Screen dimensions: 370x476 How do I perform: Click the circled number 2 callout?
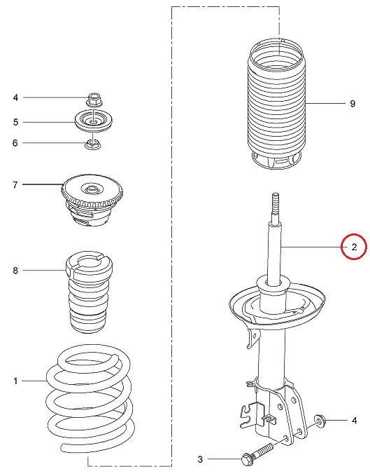coord(354,247)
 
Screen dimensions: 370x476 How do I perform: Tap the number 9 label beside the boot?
coord(353,104)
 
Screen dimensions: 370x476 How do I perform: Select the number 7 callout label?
coord(15,184)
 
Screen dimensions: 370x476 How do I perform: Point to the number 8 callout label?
coord(15,270)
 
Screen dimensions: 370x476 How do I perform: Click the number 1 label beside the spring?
coord(15,381)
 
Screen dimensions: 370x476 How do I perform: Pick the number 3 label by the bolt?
coord(200,459)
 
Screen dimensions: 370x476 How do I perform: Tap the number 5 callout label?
coord(16,122)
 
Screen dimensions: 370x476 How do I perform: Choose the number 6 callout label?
coord(15,143)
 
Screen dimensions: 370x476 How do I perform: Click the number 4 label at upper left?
coord(15,97)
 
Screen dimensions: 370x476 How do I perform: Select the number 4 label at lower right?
coord(354,421)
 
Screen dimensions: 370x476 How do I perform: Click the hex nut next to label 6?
coord(92,144)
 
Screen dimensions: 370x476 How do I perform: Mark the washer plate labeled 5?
coord(94,121)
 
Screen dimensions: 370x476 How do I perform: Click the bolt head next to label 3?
coord(247,459)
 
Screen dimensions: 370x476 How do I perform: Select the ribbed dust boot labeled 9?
coord(276,104)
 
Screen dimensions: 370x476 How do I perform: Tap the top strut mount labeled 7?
coord(92,200)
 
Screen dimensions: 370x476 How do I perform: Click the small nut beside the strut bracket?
coord(320,421)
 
